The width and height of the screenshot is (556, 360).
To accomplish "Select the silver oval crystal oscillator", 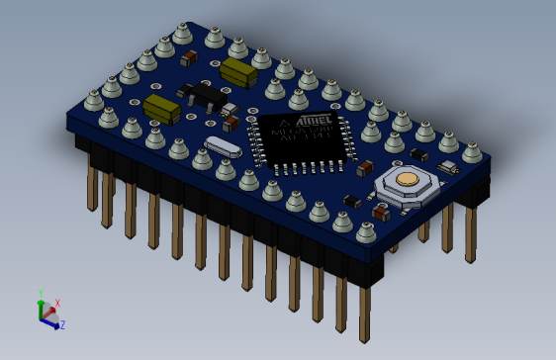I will [x=223, y=147].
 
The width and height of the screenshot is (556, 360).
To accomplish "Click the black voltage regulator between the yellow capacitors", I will [x=204, y=95].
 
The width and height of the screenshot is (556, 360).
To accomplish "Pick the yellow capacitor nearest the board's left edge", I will [x=161, y=108].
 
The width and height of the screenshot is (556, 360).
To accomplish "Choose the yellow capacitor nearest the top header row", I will [x=238, y=71].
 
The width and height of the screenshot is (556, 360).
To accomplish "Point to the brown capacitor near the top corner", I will [x=189, y=58].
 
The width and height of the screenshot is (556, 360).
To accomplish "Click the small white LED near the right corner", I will [x=447, y=168].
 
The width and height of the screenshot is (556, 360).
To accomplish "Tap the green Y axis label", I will [x=41, y=294].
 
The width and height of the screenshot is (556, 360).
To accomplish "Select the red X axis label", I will [x=57, y=304].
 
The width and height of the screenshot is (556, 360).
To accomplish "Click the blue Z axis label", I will [x=62, y=324].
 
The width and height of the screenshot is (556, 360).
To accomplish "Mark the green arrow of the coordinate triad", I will [x=41, y=307].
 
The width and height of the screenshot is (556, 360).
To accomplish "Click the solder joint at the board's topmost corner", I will [x=182, y=34].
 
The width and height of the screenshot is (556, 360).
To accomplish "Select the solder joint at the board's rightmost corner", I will [x=472, y=152].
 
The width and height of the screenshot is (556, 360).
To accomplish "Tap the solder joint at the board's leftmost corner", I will [x=94, y=100].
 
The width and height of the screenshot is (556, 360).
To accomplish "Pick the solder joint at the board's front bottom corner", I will [x=365, y=232].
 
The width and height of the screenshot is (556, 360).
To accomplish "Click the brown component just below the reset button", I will [x=380, y=211].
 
